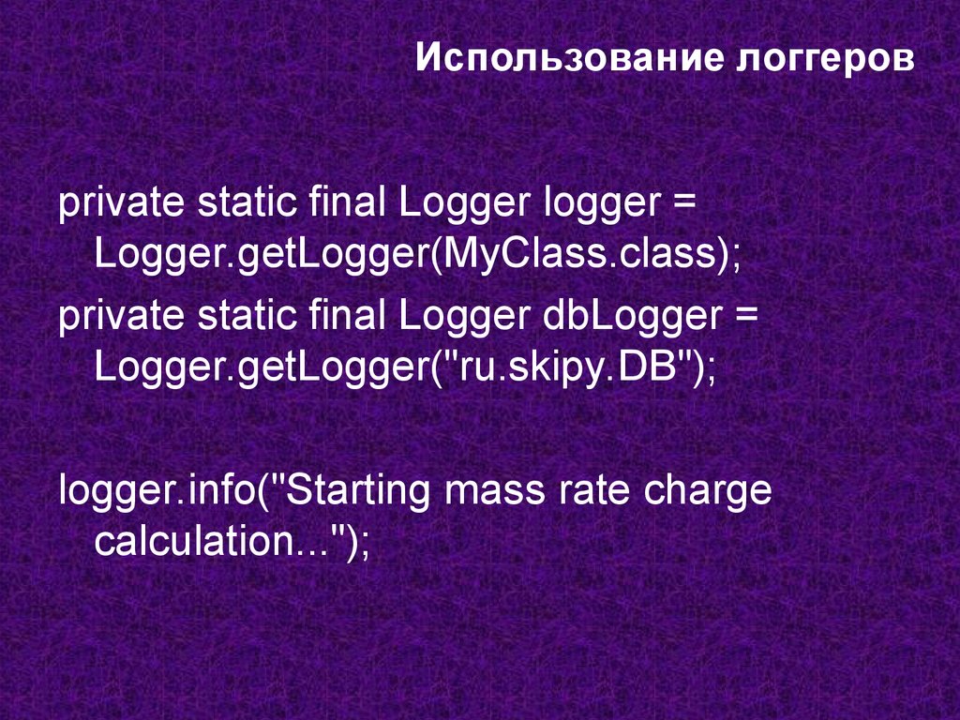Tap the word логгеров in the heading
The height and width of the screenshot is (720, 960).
[x=818, y=59]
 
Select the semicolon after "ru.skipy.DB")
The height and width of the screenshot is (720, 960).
[x=710, y=366]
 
